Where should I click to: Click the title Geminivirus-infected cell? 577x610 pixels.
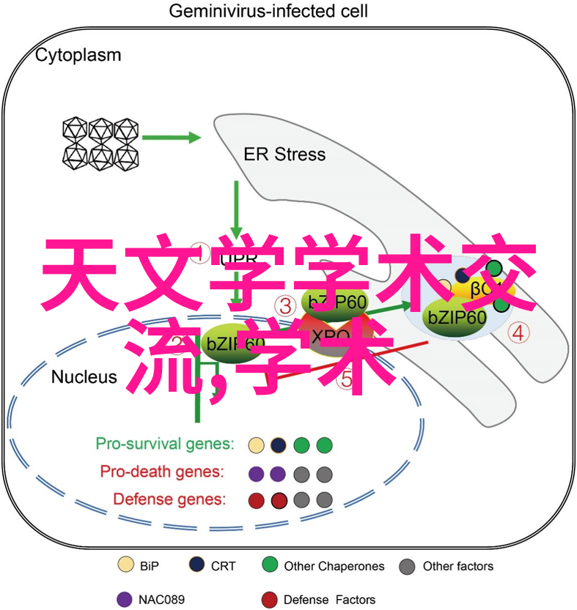(x=268, y=12)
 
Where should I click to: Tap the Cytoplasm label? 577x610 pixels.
(x=78, y=55)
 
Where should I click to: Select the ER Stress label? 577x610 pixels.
(x=284, y=154)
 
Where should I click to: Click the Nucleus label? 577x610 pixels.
(x=84, y=376)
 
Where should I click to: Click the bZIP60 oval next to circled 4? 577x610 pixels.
(x=457, y=317)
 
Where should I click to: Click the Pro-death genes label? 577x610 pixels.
(x=162, y=472)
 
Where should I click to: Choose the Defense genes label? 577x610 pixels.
(x=169, y=499)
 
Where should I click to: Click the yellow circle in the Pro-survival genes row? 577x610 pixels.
(x=256, y=445)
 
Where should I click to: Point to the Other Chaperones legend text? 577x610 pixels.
(x=334, y=566)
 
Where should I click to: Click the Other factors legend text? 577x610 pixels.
(x=458, y=566)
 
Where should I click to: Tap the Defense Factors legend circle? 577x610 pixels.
(x=270, y=599)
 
